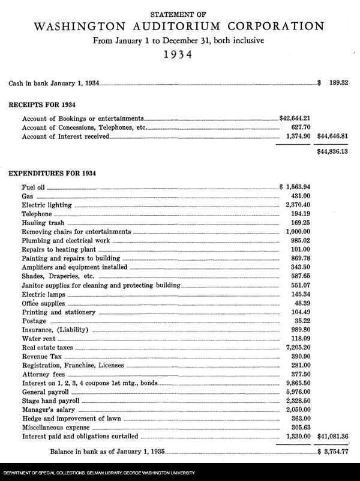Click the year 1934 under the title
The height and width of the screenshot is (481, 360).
[x=179, y=56]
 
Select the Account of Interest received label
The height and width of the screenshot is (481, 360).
[x=65, y=137]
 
